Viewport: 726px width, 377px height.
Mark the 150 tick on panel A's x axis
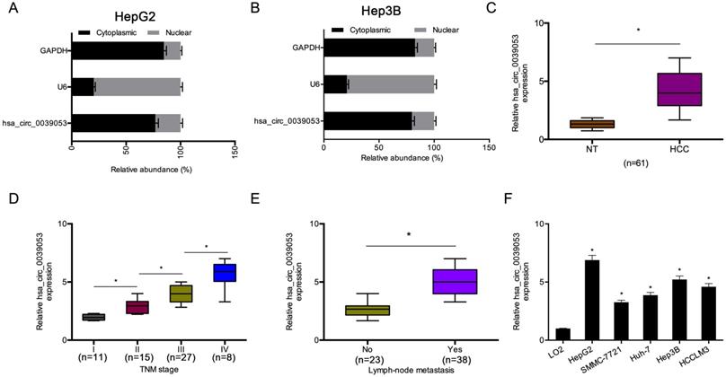[x=234, y=154]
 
